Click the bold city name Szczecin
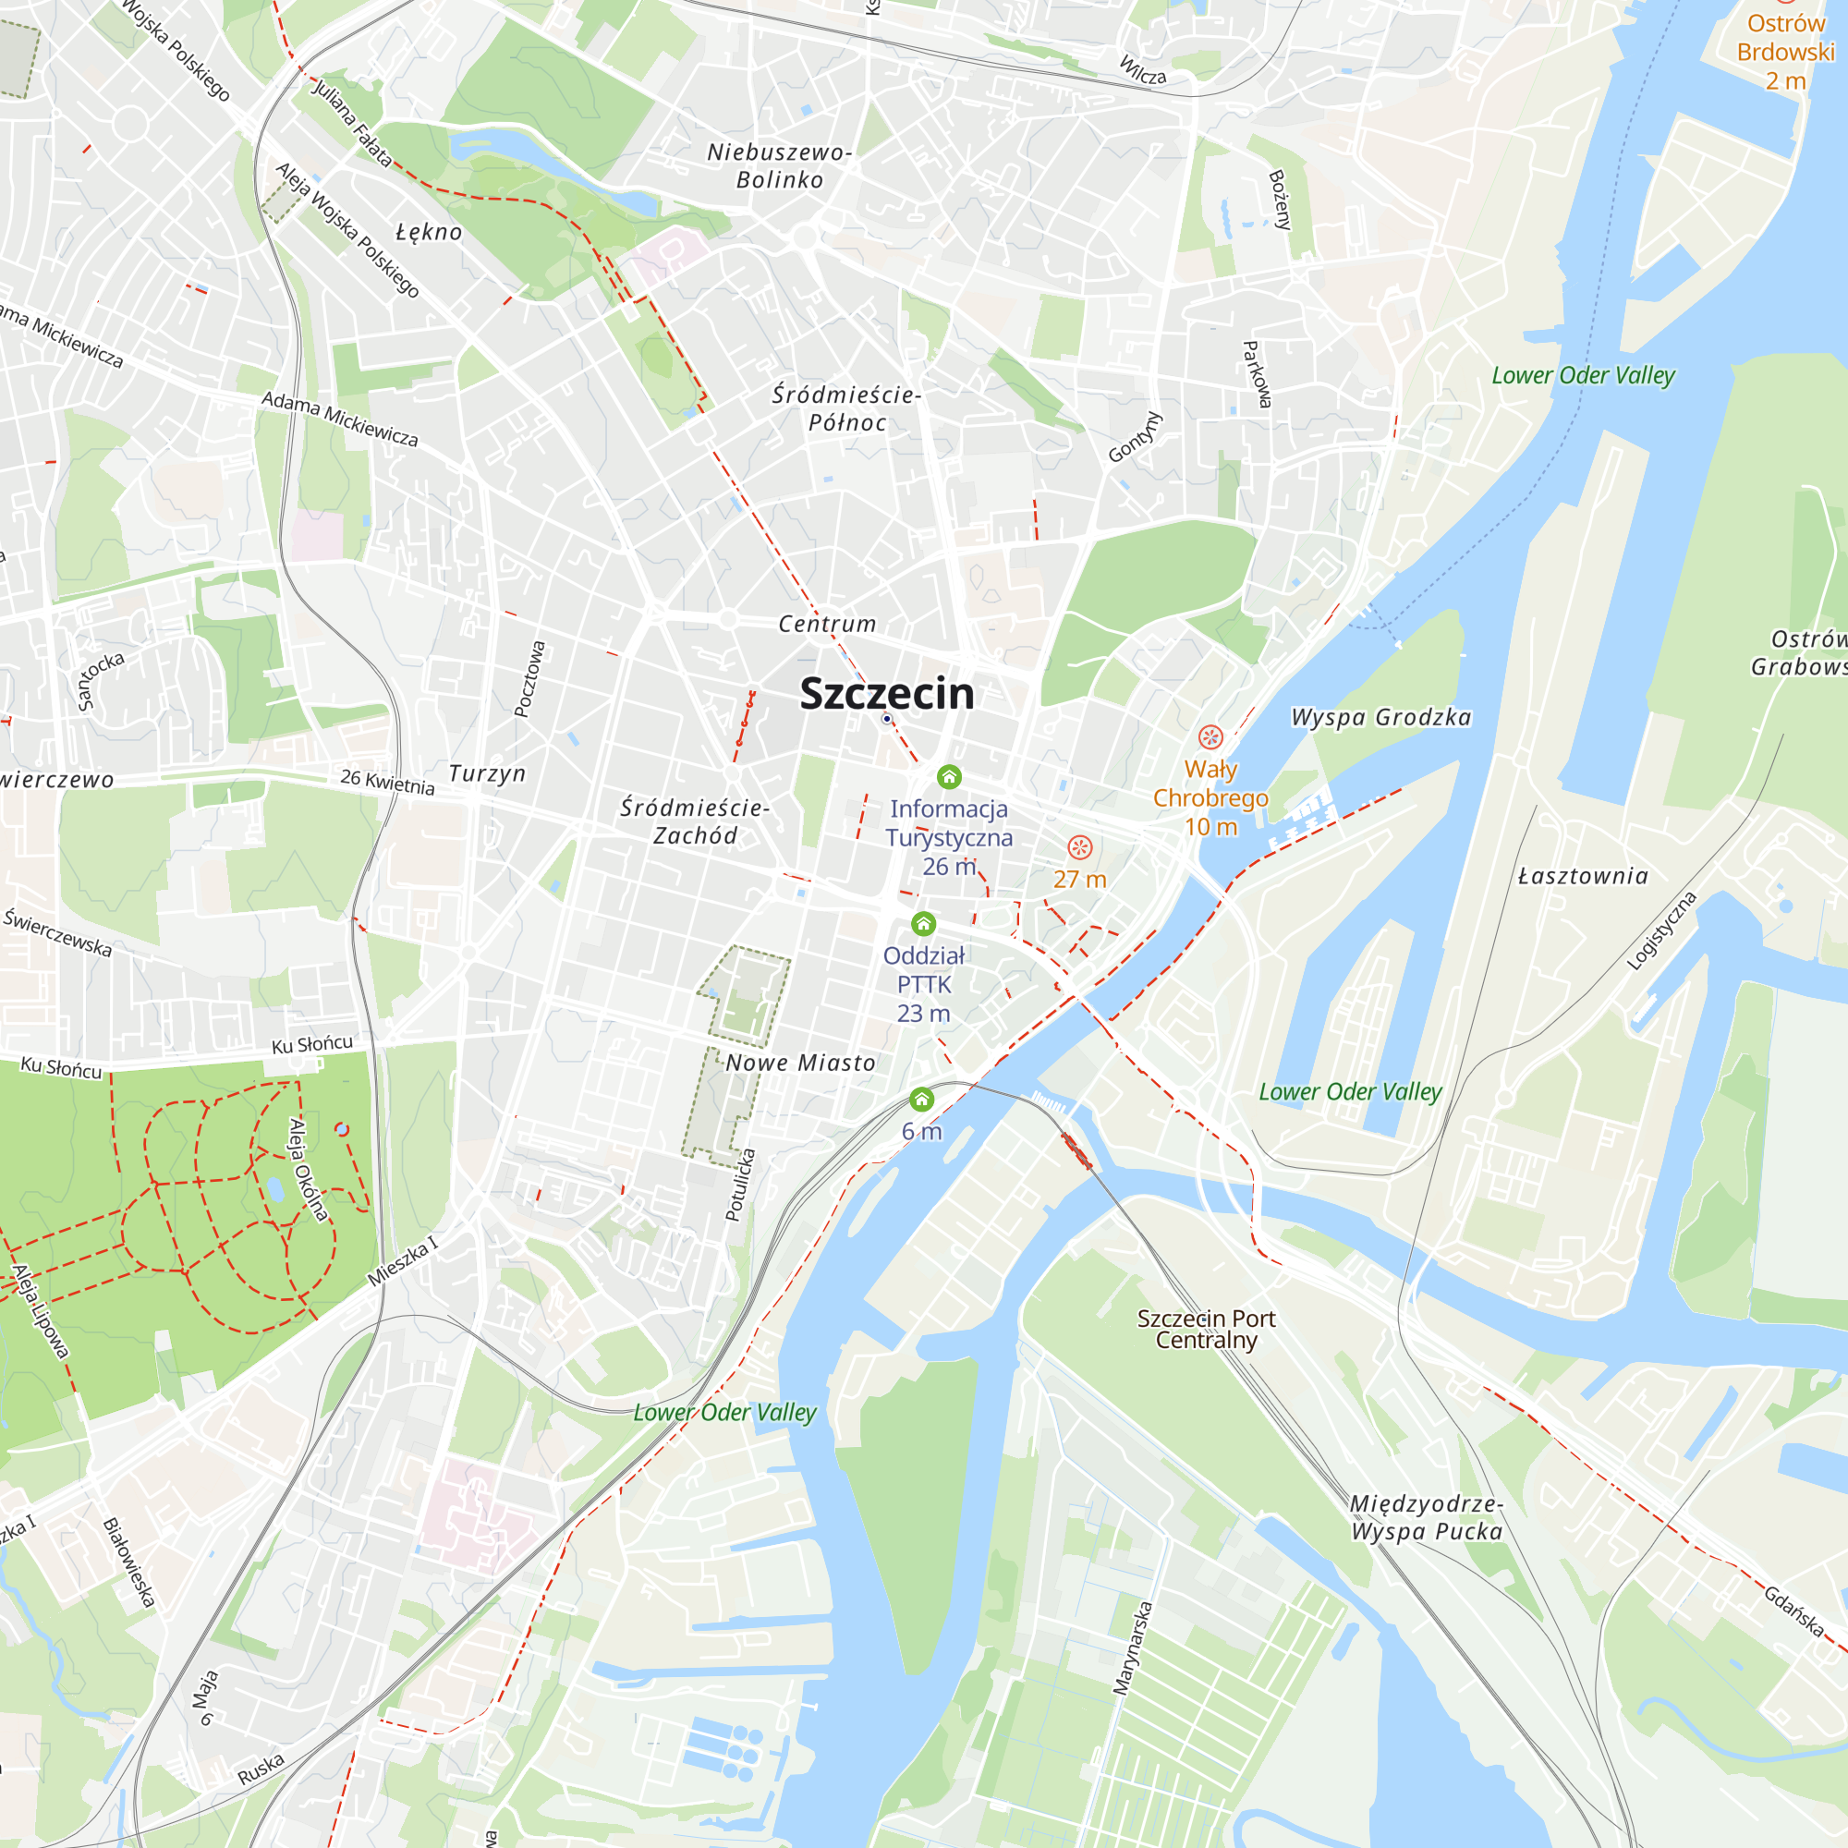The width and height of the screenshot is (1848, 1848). coord(887,694)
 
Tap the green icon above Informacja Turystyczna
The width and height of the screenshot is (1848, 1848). coord(949,777)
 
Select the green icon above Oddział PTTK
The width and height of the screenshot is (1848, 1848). coord(923,924)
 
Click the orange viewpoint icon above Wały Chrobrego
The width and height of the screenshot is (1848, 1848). coord(1211,736)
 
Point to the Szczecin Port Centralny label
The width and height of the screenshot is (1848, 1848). coord(1206,1329)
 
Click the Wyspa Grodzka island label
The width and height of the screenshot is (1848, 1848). coord(1380,717)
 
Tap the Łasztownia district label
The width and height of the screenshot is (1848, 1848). coord(1583,876)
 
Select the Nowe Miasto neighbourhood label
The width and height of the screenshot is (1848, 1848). coord(800,1063)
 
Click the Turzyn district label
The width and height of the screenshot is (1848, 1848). coord(488,772)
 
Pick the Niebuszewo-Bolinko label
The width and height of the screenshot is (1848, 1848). coord(780,165)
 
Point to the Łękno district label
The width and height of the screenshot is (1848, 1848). coord(430,232)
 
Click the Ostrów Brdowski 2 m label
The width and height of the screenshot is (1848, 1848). coord(1785,52)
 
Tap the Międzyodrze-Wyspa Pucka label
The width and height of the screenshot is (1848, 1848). coord(1426,1517)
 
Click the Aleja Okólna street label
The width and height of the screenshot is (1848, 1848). coord(309,1169)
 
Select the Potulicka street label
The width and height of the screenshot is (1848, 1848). coord(740,1185)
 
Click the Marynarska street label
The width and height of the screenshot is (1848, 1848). coord(1133,1648)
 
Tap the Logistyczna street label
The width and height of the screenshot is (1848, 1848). coord(1661,930)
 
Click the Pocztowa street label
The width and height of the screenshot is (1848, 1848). coord(529,678)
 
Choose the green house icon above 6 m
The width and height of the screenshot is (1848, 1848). coord(921,1100)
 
